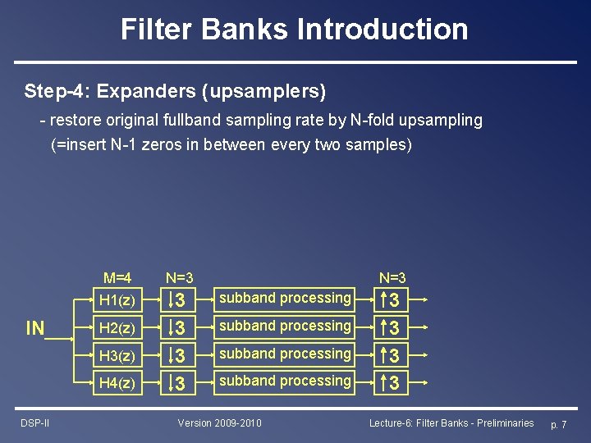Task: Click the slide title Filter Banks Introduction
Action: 295,29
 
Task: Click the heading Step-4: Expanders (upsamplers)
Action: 175,90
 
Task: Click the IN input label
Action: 35,329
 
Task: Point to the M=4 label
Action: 118,279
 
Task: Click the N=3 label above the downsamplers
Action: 180,279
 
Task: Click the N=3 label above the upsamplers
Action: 392,279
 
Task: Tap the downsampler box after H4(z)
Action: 180,383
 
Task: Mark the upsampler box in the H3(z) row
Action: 392,355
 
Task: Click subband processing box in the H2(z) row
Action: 285,327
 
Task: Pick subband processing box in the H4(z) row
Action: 285,381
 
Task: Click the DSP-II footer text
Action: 34,422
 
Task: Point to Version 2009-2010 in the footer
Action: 220,422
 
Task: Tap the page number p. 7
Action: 558,424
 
